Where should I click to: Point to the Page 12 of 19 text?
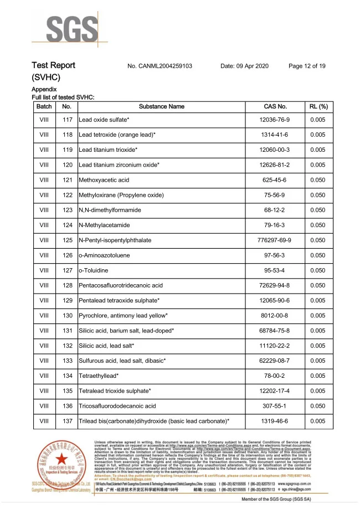pos(307,66)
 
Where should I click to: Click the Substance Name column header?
pos(162,106)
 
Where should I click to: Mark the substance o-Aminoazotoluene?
pos(102,255)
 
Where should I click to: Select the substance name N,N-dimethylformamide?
pos(110,211)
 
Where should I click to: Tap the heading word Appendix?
pos(44,89)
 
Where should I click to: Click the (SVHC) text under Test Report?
pos(46,77)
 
